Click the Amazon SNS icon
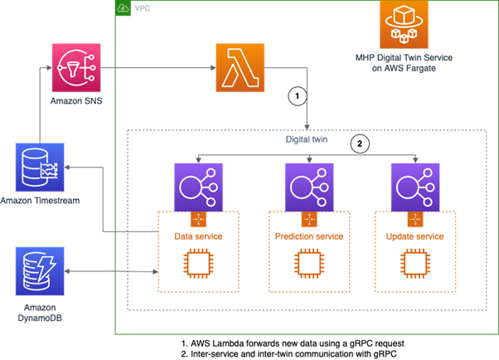(x=76, y=67)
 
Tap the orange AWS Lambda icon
(x=240, y=67)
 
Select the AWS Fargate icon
(x=404, y=25)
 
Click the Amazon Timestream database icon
(x=40, y=168)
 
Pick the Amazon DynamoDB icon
(x=40, y=271)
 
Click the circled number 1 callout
(x=298, y=96)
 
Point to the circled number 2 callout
(x=360, y=144)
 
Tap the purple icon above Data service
(x=198, y=187)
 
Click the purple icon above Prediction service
(x=309, y=187)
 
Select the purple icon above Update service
(x=415, y=187)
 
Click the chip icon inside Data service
(x=198, y=264)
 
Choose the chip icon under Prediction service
(x=309, y=264)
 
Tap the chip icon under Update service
(x=415, y=264)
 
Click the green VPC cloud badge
(x=124, y=8)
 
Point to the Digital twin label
(x=307, y=139)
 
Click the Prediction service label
(x=309, y=236)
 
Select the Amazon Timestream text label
(x=40, y=201)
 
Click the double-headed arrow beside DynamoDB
(x=111, y=271)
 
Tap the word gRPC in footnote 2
(x=385, y=354)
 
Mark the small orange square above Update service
(x=415, y=219)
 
